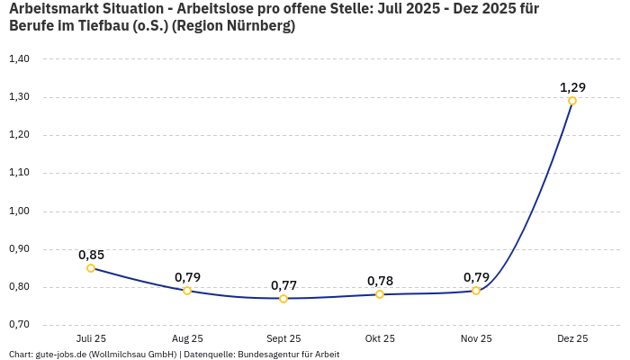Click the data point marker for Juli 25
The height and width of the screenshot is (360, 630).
pyautogui.click(x=91, y=268)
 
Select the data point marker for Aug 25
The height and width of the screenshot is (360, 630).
pyautogui.click(x=187, y=291)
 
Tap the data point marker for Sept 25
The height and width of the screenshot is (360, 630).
pyautogui.click(x=283, y=299)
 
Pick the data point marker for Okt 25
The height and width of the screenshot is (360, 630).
pyautogui.click(x=380, y=294)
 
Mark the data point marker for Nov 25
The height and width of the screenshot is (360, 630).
pyautogui.click(x=476, y=291)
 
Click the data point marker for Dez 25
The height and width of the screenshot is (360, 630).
pyautogui.click(x=572, y=101)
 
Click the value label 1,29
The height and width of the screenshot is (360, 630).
pyautogui.click(x=572, y=87)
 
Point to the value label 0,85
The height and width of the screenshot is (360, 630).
pyautogui.click(x=91, y=255)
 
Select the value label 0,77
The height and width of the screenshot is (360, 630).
pyautogui.click(x=283, y=285)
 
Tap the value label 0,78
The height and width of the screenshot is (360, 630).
pyautogui.click(x=380, y=281)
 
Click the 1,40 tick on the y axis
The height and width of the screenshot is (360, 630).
pyautogui.click(x=19, y=59)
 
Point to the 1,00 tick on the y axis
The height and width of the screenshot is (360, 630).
pyautogui.click(x=19, y=211)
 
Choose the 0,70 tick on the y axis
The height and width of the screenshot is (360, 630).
pyautogui.click(x=19, y=325)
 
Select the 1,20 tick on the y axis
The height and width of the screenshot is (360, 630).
pyautogui.click(x=19, y=135)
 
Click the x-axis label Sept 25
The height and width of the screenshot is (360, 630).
pyautogui.click(x=283, y=338)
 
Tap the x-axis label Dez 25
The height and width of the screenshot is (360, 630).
pyautogui.click(x=572, y=338)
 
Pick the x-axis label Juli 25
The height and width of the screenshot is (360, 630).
pyautogui.click(x=91, y=338)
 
